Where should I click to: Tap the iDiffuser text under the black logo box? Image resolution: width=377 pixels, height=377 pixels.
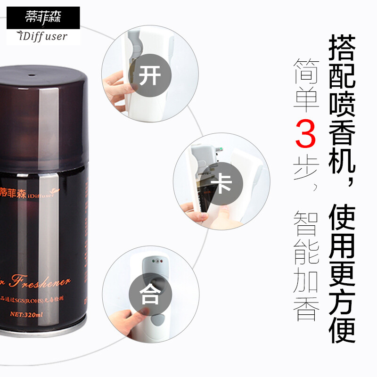[43, 36]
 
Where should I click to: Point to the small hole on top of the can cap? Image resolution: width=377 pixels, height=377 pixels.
[33, 74]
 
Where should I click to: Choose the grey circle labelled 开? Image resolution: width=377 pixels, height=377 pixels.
[149, 75]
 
